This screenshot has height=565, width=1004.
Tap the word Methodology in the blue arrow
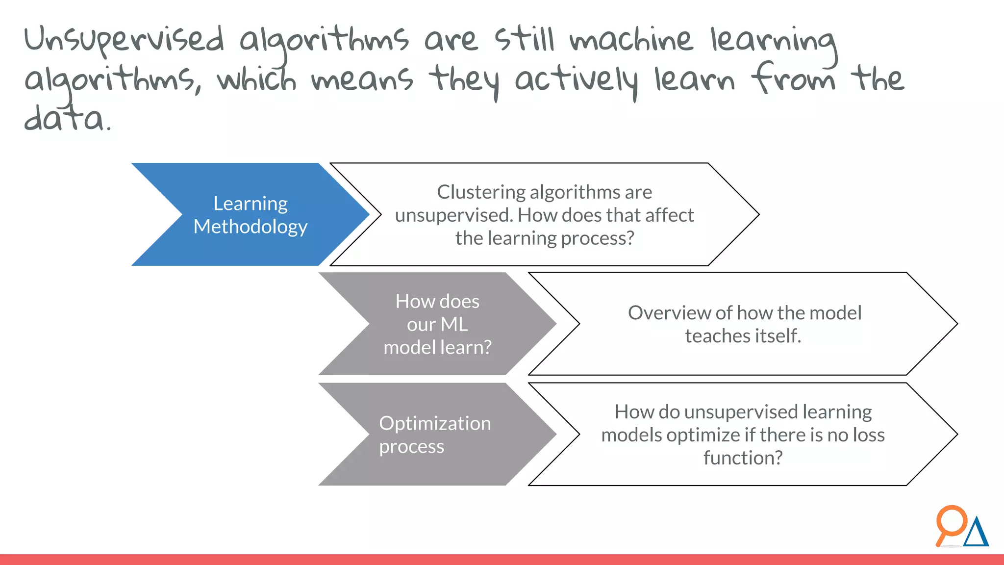250,227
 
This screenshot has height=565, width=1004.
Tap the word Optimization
435,423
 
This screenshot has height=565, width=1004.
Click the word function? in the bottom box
743,458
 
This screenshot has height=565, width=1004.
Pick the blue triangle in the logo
976,534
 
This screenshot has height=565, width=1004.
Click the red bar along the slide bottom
502,560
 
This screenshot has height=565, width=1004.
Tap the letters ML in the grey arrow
454,324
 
